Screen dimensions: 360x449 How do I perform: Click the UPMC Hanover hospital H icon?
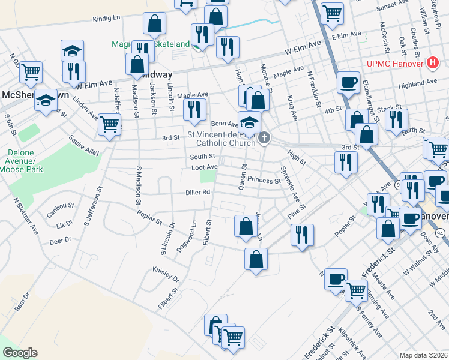(432, 62)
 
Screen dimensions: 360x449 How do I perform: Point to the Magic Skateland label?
(150, 44)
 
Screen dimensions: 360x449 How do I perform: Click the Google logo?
(20, 353)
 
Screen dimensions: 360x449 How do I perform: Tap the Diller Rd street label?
(197, 193)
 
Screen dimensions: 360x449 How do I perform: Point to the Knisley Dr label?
(166, 275)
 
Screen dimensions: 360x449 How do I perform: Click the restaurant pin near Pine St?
(301, 234)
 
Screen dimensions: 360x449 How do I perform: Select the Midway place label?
(157, 75)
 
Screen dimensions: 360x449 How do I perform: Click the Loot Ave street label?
(204, 167)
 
